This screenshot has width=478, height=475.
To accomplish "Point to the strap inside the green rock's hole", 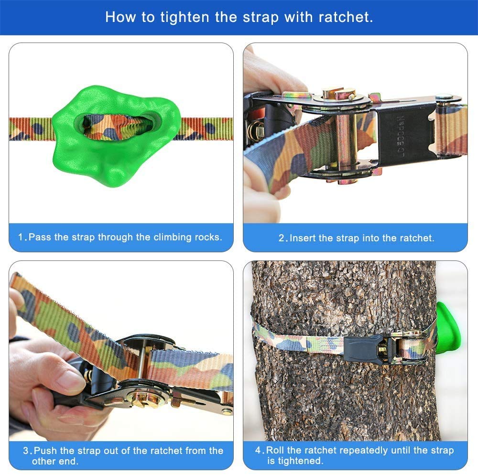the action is pyautogui.click(x=118, y=126).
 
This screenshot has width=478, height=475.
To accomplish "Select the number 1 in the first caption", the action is pyautogui.click(x=21, y=237).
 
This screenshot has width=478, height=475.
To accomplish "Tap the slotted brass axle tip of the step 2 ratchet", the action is pyautogui.click(x=339, y=93).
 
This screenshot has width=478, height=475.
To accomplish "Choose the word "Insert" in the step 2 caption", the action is pyautogui.click(x=303, y=238).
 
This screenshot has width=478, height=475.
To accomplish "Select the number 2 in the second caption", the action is pyautogui.click(x=282, y=238).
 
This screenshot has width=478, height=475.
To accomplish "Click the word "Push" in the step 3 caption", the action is pyautogui.click(x=45, y=450).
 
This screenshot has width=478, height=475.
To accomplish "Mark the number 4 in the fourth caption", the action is pyautogui.click(x=258, y=450).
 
